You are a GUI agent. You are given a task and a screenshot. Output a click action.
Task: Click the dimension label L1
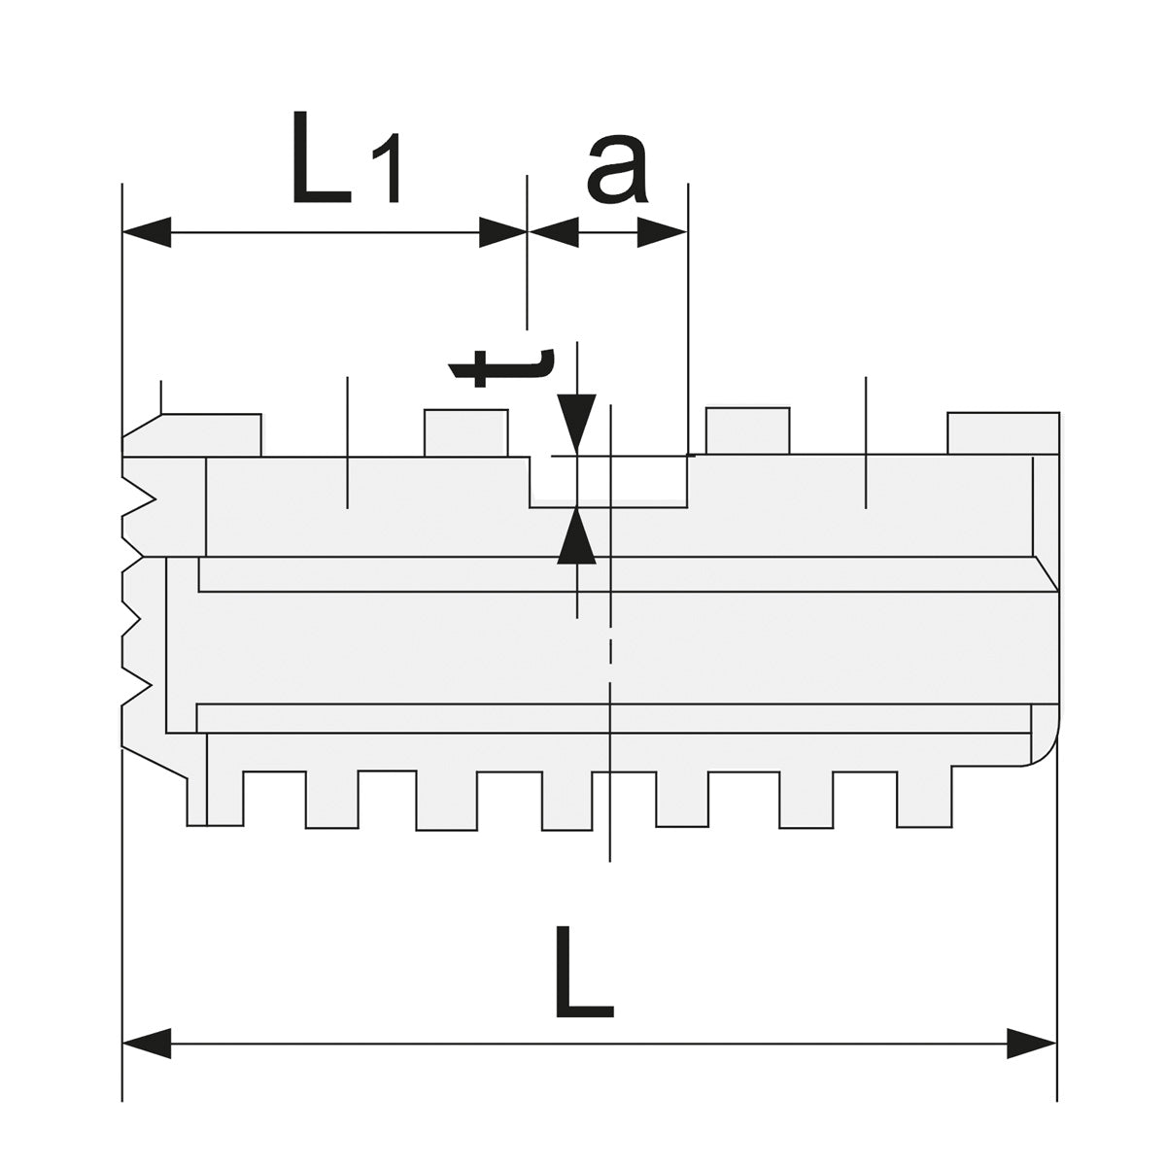(345, 159)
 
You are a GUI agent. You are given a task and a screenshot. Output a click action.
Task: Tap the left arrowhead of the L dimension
(146, 1045)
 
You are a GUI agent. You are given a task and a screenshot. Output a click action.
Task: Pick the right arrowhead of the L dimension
(1032, 1045)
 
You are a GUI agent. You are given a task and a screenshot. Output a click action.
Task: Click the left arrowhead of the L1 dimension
(146, 232)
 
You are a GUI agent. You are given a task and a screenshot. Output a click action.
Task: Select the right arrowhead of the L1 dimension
(502, 232)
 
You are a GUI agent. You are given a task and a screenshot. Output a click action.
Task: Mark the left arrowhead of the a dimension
(552, 232)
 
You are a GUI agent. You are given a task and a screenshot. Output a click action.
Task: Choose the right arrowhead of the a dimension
(663, 232)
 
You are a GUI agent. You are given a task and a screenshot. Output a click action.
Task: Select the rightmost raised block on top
(1002, 433)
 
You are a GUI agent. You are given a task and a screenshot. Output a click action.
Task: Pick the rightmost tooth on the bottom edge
(923, 799)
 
